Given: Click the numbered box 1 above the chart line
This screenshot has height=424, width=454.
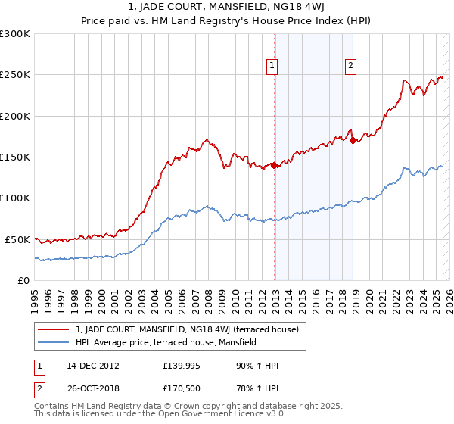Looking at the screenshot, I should (272, 66).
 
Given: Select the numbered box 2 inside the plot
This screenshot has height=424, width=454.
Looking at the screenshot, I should (351, 66).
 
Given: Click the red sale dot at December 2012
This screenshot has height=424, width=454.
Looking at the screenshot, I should (275, 165).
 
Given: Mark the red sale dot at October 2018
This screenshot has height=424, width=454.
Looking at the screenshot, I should (353, 140).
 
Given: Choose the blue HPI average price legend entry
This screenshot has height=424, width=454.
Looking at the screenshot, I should (166, 342).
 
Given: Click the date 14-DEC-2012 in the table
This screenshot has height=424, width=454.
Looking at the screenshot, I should (93, 366).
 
